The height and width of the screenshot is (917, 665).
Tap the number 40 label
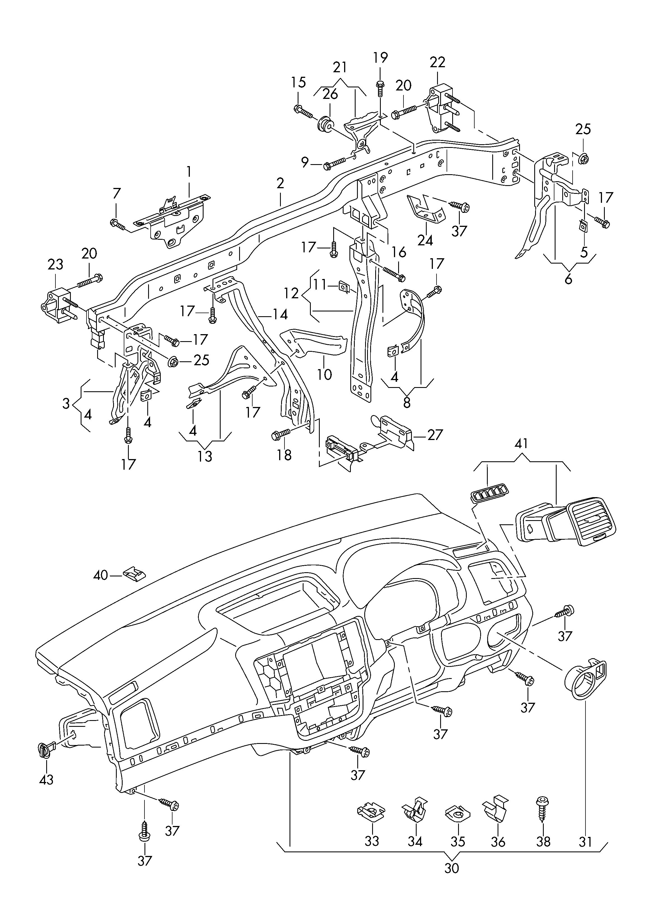tap(101, 574)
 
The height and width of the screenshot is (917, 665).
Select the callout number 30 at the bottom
tap(452, 868)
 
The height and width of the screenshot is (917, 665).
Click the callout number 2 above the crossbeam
tap(280, 183)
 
